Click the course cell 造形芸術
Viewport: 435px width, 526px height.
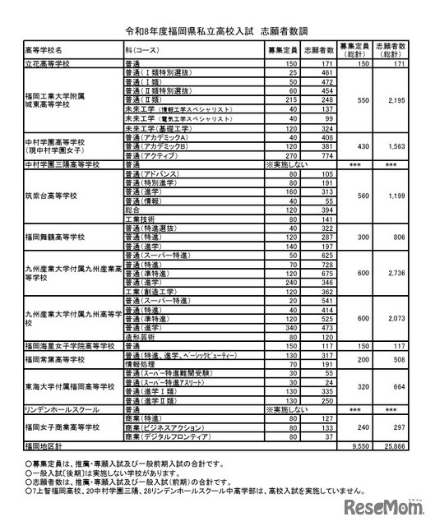(140, 335)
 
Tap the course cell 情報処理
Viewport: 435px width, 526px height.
(140, 364)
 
